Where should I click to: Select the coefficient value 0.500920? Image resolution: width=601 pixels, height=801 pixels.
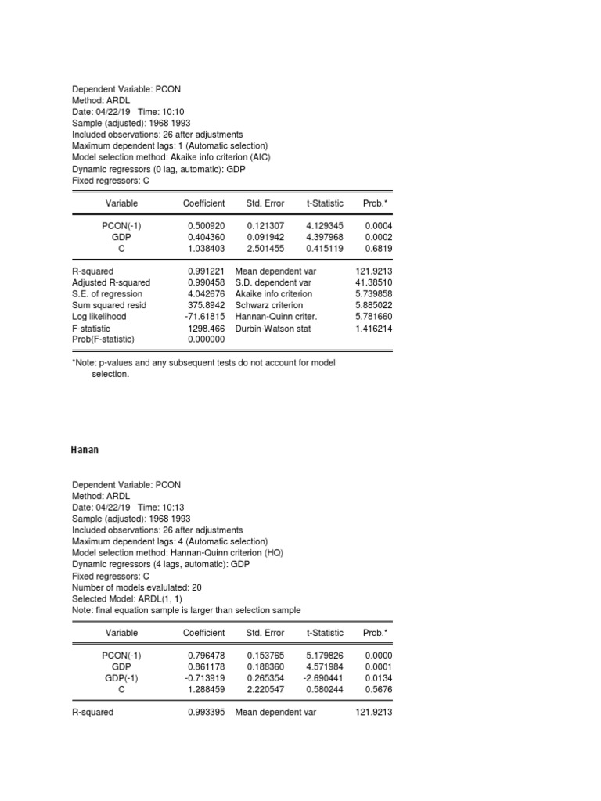click(x=206, y=225)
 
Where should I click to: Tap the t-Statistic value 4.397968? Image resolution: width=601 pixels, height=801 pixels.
click(x=324, y=236)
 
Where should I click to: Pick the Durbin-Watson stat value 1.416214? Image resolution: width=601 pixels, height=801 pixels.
click(x=373, y=329)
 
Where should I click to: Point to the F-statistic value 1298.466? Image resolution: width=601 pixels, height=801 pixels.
click(x=206, y=329)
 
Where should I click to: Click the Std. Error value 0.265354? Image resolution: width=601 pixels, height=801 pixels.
click(x=265, y=677)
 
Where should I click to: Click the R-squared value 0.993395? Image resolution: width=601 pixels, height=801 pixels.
click(x=206, y=713)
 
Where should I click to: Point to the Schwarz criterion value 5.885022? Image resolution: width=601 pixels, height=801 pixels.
click(x=373, y=305)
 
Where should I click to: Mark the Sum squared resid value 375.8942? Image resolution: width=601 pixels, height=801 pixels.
click(x=206, y=305)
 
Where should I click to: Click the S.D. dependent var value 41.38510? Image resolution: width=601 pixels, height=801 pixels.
click(x=373, y=282)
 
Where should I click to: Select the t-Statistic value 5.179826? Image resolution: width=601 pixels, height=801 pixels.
click(x=324, y=655)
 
